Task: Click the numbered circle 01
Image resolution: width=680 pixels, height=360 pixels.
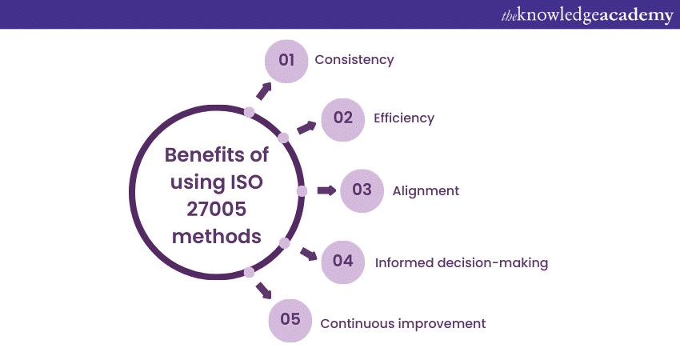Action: (x=286, y=61)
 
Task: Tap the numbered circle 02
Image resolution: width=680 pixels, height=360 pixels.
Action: (x=342, y=118)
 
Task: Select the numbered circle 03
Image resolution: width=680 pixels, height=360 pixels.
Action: (x=362, y=190)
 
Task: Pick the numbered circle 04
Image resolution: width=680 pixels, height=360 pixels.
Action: (x=342, y=262)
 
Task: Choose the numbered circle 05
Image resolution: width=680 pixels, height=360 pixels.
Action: (x=290, y=320)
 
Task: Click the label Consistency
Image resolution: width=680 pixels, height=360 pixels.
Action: (x=354, y=60)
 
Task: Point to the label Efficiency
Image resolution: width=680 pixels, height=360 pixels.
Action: (x=403, y=118)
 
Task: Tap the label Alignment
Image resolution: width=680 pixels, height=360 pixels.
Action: (x=426, y=190)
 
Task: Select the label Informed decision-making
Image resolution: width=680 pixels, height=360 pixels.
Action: (x=462, y=262)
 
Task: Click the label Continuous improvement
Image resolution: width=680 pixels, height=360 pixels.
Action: (x=402, y=323)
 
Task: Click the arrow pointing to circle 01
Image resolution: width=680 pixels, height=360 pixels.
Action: (x=263, y=90)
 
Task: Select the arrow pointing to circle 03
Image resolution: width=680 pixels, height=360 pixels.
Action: (x=326, y=190)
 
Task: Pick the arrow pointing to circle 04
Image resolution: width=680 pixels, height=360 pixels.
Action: (x=308, y=254)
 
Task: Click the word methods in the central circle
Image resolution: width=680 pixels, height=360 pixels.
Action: (x=215, y=237)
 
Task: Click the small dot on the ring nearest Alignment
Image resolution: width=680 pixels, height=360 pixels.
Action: (x=302, y=190)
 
